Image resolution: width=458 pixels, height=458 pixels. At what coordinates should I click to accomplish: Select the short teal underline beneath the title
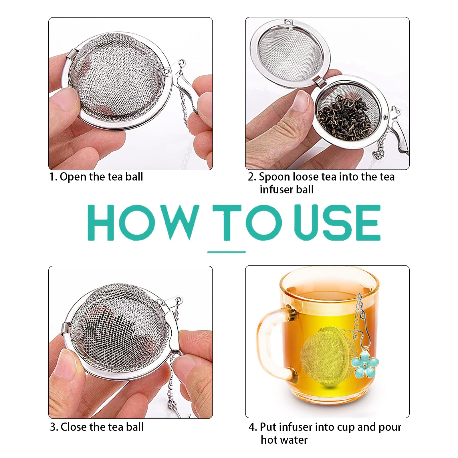tap(226, 252)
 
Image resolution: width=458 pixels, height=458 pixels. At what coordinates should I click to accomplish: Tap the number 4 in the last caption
tap(252, 427)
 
